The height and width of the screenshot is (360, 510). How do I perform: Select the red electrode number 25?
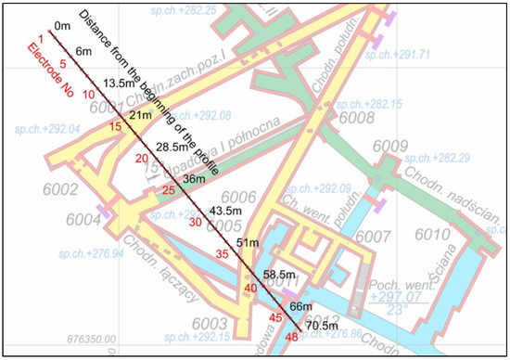(168, 190)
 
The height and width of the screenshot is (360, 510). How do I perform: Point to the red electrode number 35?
(223, 253)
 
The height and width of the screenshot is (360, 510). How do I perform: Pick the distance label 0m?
(63, 26)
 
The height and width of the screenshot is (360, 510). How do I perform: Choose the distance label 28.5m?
(172, 148)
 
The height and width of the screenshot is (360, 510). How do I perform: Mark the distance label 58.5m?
(278, 275)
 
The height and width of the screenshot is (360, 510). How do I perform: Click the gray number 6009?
(390, 146)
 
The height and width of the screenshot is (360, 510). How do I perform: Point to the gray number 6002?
(33, 189)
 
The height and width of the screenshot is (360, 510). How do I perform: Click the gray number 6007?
(373, 238)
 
